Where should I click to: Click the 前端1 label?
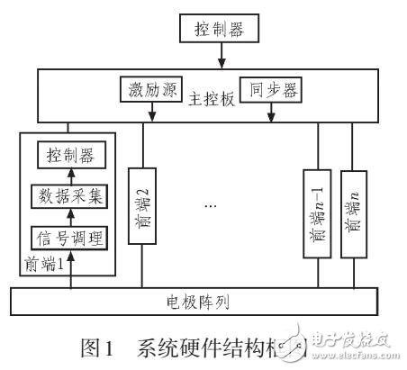(48, 266)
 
